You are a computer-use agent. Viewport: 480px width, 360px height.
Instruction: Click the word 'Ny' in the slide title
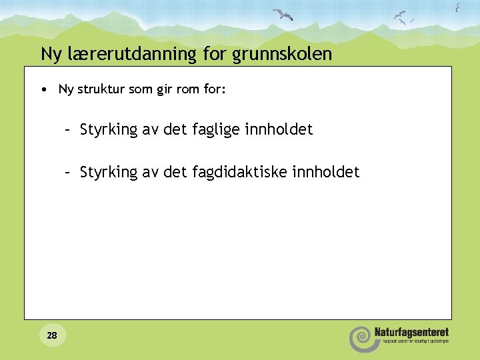51,54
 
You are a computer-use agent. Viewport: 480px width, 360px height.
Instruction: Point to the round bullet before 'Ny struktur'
43,89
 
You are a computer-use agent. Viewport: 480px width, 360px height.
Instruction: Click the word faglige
216,130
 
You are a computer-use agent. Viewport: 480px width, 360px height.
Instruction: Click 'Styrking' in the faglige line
108,130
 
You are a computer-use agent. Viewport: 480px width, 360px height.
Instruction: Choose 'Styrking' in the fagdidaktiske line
108,173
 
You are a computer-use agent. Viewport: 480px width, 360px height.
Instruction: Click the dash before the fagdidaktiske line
67,173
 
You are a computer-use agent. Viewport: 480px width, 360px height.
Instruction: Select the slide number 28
52,335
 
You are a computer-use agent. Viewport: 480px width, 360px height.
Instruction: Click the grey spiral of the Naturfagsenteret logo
361,337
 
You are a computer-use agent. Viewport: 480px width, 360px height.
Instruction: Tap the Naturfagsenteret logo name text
411,332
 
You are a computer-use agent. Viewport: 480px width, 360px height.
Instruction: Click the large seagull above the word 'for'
283,15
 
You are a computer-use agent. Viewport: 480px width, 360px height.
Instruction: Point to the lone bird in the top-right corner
457,7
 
